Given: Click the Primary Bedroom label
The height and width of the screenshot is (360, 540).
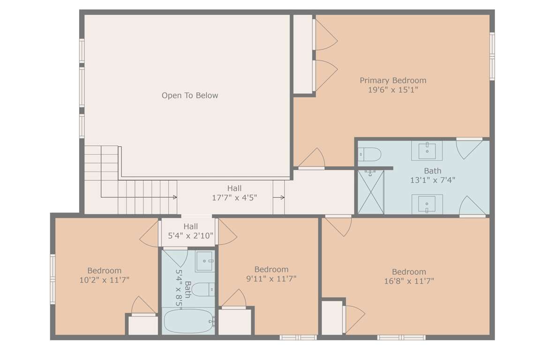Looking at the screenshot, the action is click(393, 81).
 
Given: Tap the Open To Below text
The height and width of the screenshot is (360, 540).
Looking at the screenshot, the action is click(190, 96).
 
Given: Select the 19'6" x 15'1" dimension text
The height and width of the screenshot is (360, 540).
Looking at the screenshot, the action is click(393, 90).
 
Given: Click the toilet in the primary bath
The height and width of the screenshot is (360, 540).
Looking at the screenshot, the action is click(369, 154).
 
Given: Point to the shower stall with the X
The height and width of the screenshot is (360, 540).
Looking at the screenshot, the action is click(371, 192).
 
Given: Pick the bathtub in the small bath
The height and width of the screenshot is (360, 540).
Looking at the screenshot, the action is click(189, 321).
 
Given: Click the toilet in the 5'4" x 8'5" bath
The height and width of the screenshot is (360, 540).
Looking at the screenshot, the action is click(203, 289).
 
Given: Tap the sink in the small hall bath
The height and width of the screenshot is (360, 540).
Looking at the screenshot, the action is click(205, 262).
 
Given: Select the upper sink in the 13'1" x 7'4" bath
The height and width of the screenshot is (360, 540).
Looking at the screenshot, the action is click(427, 150).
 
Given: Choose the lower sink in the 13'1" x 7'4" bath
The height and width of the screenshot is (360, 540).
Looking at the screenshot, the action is click(427, 204).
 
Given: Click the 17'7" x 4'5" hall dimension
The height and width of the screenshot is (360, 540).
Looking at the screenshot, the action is click(234, 198).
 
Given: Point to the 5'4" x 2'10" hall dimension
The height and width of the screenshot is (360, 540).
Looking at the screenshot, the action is click(190, 236).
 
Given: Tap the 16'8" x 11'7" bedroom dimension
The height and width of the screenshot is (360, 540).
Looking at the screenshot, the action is click(409, 281).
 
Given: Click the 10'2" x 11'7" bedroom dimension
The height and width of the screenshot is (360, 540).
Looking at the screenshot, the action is click(105, 280).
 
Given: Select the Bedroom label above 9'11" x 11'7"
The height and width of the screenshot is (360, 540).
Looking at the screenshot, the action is click(271, 270).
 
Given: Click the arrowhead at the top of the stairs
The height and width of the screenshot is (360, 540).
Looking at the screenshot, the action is click(175, 197).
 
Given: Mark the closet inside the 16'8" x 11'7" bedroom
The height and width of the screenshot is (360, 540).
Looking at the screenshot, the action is click(332, 317).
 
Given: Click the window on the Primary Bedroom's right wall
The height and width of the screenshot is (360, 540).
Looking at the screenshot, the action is click(493, 57).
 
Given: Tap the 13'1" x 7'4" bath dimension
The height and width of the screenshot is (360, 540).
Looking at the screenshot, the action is click(433, 180).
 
